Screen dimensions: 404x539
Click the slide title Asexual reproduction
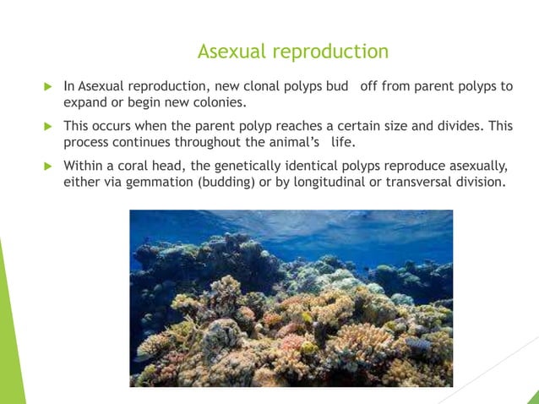pos(292,52)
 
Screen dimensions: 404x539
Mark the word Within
pos(84,165)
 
